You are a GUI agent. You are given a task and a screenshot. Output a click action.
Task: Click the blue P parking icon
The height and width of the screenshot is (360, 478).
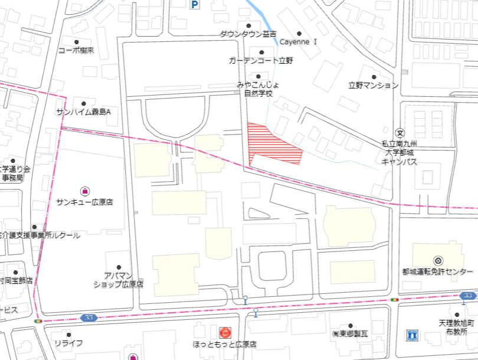point(194,5)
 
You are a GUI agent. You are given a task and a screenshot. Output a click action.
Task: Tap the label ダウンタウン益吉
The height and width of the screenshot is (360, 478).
point(248,34)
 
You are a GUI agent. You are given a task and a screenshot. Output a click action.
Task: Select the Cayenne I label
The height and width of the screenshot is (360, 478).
point(299,42)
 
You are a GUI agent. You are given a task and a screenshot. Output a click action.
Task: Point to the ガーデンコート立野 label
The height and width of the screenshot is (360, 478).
point(261,60)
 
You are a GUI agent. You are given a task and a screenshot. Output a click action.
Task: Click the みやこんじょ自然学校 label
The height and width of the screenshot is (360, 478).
point(258,89)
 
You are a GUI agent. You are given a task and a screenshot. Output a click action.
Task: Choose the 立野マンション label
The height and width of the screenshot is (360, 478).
point(373,86)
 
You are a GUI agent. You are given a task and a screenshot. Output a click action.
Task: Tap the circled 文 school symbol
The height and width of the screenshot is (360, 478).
point(400,132)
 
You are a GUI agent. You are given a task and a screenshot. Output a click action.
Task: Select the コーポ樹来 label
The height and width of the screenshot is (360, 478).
point(76,51)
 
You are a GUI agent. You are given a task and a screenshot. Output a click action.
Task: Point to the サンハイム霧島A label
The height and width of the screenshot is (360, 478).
point(84,112)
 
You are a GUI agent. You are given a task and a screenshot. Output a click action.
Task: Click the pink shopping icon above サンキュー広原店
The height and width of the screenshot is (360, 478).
point(84,190)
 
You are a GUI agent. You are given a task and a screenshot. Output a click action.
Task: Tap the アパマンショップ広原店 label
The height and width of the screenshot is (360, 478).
point(118,280)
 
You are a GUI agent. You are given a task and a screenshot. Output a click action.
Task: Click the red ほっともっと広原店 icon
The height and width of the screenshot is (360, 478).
point(225,332)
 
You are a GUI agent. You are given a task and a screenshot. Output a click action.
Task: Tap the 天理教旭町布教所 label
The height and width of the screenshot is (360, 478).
point(457,328)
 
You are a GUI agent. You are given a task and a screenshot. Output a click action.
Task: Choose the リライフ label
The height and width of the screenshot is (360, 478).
point(68,343)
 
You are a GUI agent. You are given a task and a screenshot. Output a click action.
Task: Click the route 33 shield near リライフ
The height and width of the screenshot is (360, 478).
point(89,318)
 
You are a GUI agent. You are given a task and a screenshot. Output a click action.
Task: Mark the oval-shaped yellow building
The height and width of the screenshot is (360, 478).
point(349,227)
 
